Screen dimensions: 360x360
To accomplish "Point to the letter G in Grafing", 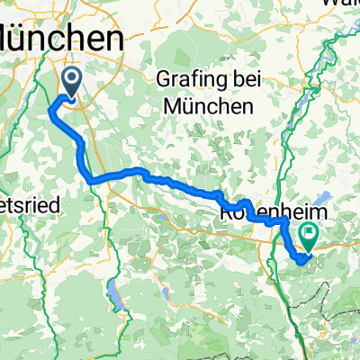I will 162,77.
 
